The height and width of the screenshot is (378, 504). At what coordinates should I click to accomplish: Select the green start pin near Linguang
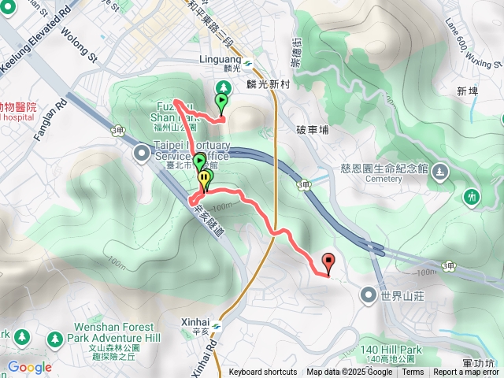pos(221,102)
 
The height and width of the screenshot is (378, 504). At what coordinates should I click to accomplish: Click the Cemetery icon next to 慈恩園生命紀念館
pos(439,169)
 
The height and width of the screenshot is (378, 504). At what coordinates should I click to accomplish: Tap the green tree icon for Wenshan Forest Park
pos(54,339)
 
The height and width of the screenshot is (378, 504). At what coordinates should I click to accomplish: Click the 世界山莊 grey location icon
pos(367,295)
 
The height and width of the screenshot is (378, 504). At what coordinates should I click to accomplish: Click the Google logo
pos(30,367)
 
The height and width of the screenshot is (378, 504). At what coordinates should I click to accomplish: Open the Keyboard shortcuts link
pos(263,372)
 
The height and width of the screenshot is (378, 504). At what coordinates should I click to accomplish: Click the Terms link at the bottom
pos(413,372)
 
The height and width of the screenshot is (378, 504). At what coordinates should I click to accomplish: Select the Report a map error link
pos(466,372)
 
